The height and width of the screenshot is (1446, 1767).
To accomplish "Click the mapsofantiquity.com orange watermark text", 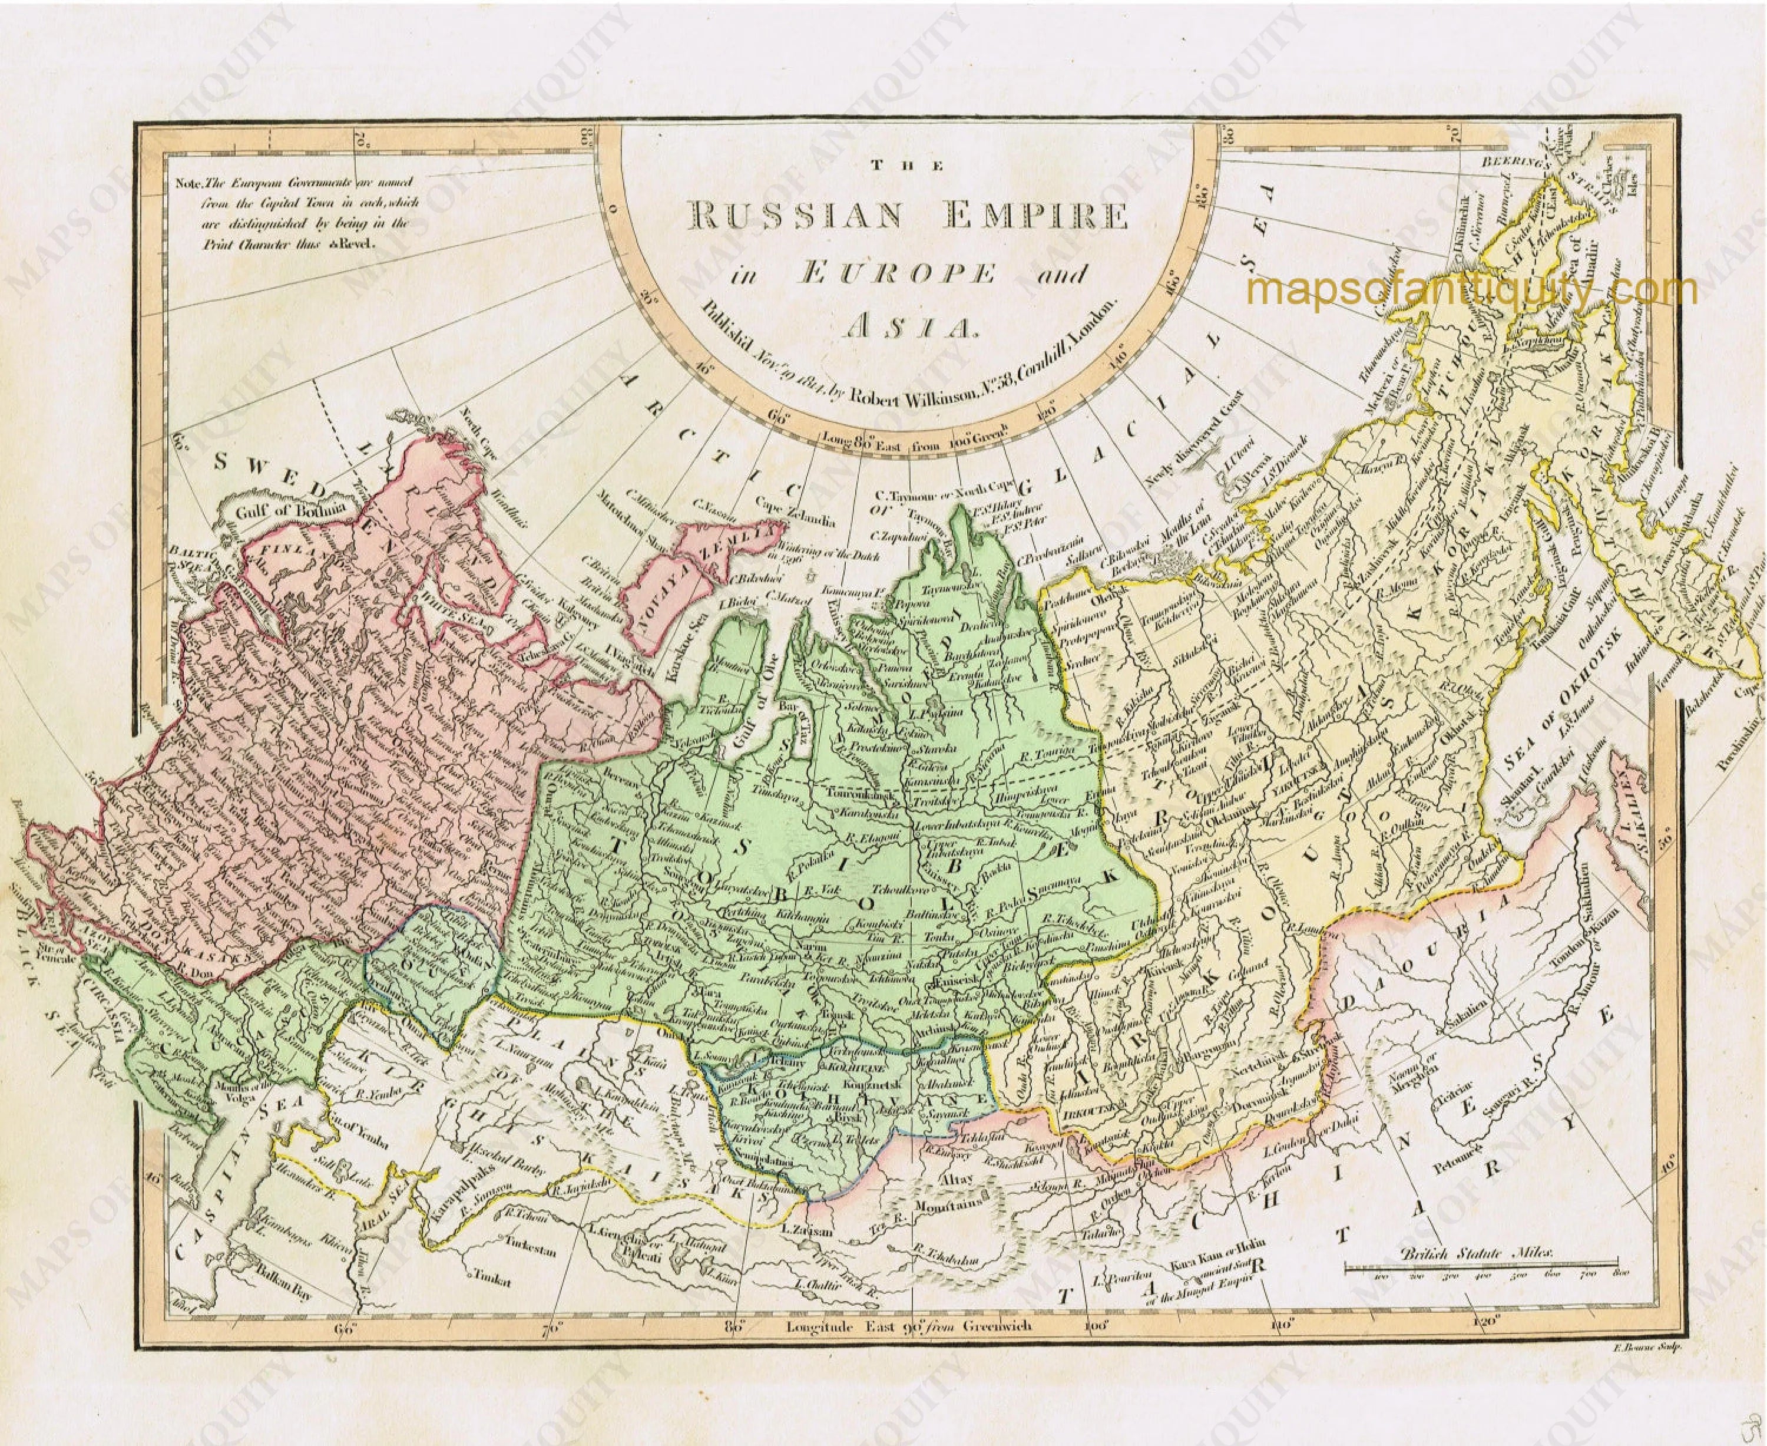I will (x=1471, y=290).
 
